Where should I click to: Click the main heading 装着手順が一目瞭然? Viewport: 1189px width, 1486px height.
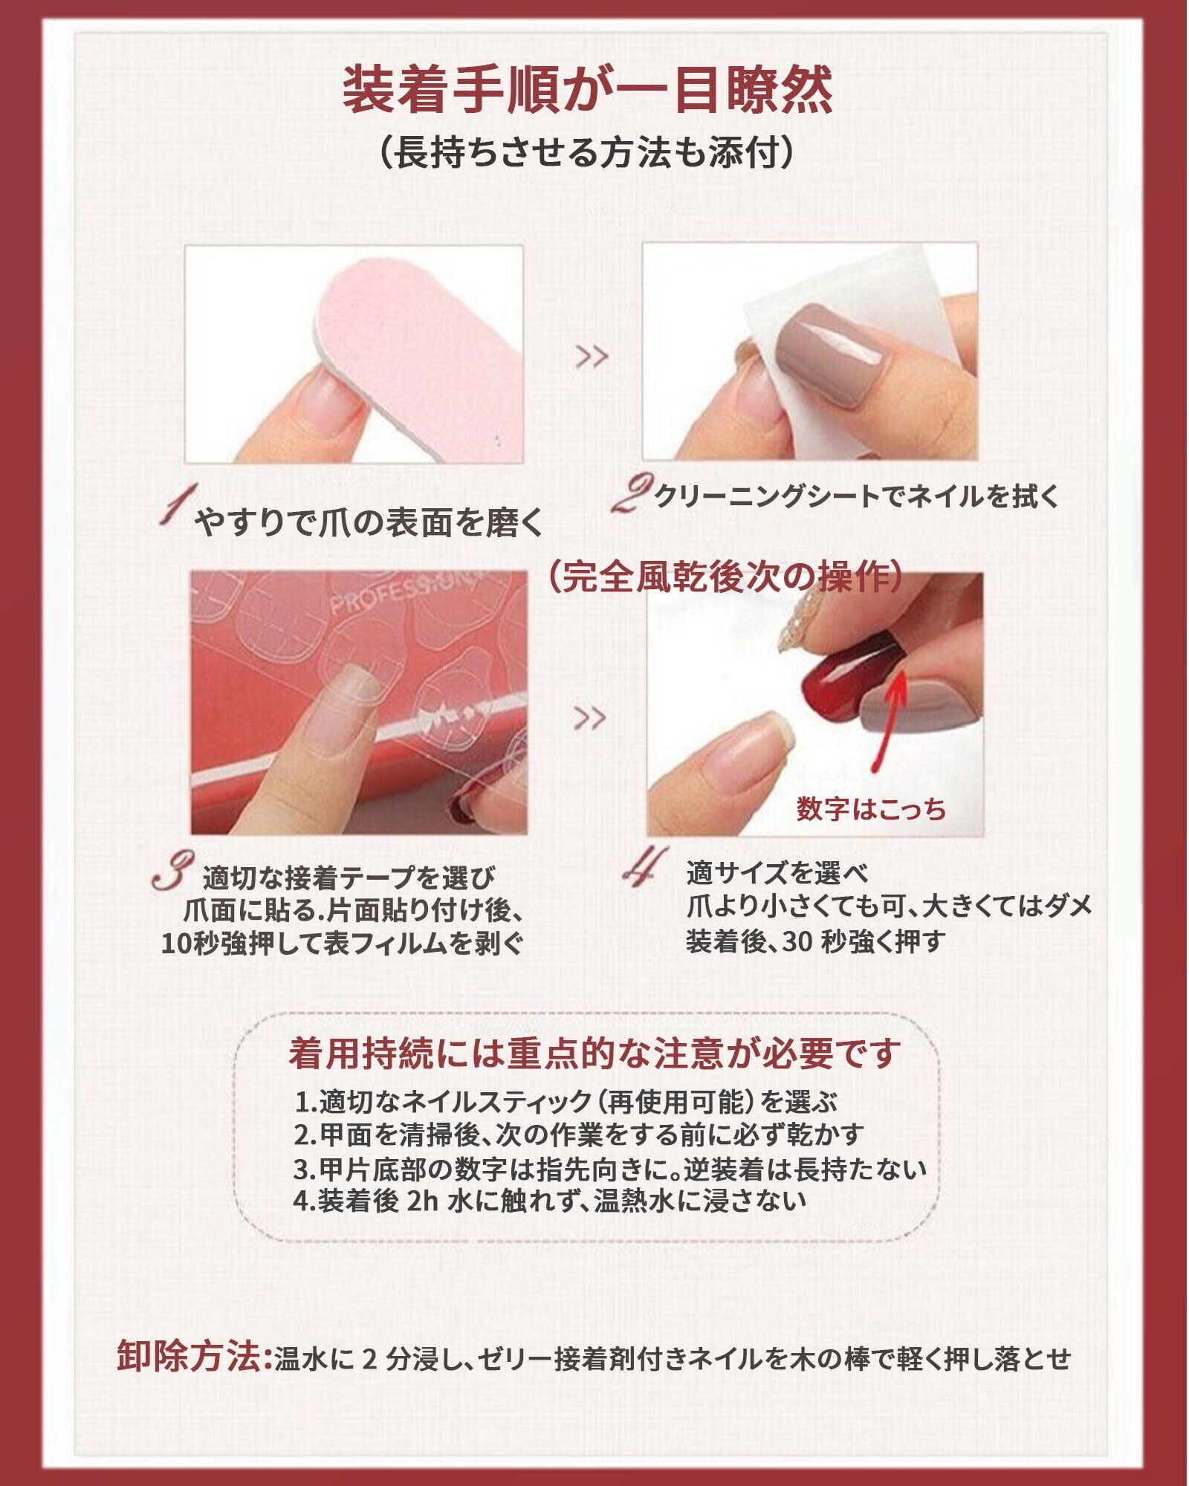pos(588,89)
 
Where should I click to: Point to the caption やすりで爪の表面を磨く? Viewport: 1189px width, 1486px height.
pos(369,525)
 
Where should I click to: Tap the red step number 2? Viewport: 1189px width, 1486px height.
pos(630,495)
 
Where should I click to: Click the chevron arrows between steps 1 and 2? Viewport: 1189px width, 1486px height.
pos(592,357)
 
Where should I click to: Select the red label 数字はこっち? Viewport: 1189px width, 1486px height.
pos(871,809)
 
